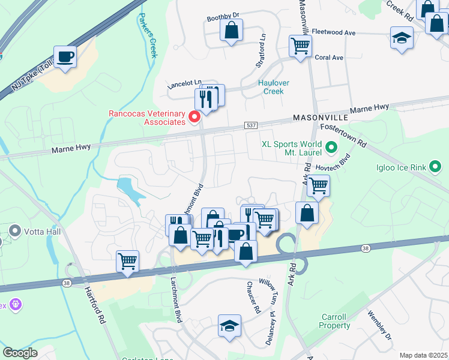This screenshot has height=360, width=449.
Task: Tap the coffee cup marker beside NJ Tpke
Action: [65, 58]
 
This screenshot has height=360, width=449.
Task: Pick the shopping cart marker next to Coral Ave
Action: [300, 45]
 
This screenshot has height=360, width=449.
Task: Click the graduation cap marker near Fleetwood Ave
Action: [402, 38]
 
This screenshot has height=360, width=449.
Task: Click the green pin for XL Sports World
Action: [330, 146]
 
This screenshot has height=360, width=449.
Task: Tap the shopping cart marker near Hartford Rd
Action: [127, 262]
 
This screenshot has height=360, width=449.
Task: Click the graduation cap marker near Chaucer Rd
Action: [229, 326]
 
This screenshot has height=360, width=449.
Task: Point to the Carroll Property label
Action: [334, 321]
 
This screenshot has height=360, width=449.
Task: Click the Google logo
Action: [20, 352]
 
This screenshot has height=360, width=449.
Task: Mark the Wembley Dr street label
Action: [379, 325]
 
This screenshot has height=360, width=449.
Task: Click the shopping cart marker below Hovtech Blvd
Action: [318, 185]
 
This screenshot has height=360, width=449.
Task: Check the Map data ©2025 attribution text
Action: [423, 355]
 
